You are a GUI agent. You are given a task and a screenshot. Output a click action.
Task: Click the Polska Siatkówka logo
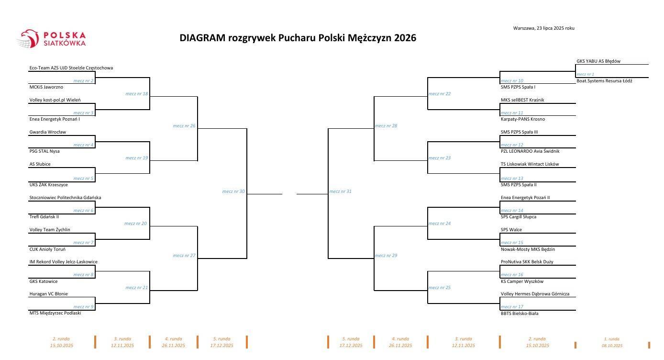(x=51, y=39)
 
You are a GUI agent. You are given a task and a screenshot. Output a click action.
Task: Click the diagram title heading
(x=298, y=38)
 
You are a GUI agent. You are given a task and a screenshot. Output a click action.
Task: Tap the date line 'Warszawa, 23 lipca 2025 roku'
(x=543, y=28)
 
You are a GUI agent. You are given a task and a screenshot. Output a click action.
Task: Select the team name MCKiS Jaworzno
(x=46, y=87)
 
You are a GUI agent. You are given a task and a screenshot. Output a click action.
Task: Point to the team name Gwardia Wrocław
(x=48, y=132)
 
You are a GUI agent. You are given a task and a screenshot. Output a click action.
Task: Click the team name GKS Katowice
(x=44, y=281)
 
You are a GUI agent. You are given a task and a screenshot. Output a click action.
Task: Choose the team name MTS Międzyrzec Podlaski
(x=55, y=313)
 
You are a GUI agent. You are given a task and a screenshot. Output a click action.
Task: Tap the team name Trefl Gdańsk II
(x=44, y=217)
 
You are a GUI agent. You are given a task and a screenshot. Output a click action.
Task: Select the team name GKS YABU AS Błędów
(x=598, y=61)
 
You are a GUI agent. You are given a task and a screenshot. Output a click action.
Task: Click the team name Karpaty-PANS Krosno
(x=523, y=119)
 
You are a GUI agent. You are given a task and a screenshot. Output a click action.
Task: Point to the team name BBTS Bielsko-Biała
(x=520, y=314)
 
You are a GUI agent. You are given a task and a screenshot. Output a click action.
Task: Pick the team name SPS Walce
(x=511, y=230)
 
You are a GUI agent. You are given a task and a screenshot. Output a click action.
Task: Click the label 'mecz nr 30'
(x=233, y=191)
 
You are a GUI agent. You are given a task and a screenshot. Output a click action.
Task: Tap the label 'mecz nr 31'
(x=340, y=191)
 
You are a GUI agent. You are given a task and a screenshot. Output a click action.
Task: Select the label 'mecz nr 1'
(x=585, y=74)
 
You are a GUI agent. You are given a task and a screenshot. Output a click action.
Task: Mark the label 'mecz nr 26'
(x=184, y=126)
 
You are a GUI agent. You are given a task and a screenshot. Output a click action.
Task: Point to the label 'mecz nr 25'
(x=440, y=288)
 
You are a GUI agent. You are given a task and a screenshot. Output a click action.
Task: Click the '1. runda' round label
(x=612, y=339)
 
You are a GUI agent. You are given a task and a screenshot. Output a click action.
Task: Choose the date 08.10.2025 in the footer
(x=612, y=346)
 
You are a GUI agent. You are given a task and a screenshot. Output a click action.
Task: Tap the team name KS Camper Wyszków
(x=522, y=281)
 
